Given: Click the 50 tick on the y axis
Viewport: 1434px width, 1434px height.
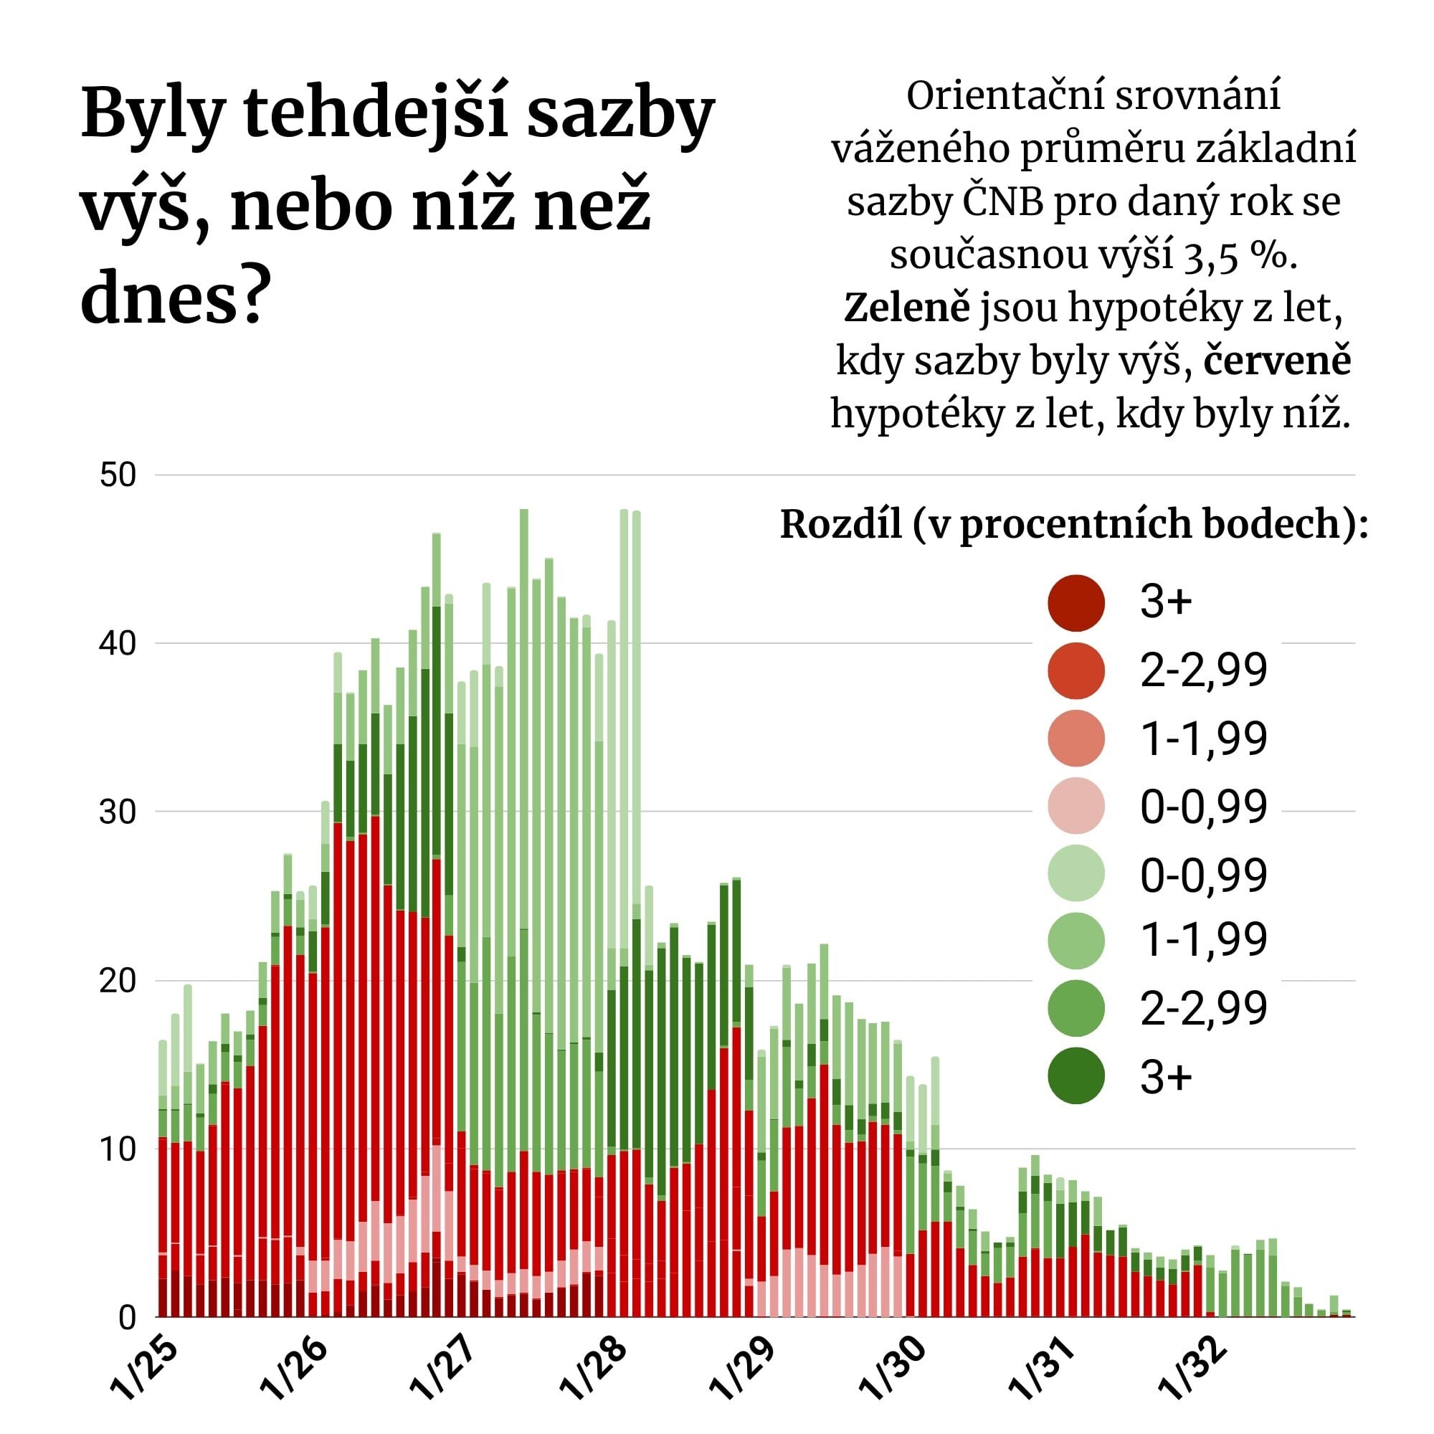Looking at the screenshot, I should (118, 475).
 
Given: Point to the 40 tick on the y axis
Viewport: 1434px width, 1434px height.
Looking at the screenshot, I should (118, 642).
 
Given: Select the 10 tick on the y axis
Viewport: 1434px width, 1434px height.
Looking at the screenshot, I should (118, 1149).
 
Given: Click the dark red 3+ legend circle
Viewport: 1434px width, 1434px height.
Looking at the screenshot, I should (1075, 603).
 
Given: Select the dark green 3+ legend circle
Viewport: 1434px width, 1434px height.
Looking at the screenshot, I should (1075, 1076).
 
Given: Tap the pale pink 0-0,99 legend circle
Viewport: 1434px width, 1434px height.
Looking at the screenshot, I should (1075, 806).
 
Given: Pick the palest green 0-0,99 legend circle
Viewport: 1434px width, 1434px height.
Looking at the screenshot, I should (1075, 873).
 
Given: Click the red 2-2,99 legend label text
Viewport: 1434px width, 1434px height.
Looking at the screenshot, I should (1202, 670).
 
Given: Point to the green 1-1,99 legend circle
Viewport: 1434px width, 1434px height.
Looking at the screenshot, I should (1075, 941).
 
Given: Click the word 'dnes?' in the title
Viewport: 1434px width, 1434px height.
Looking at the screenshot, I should (172, 297).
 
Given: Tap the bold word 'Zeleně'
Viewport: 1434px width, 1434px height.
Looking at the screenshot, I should (906, 308).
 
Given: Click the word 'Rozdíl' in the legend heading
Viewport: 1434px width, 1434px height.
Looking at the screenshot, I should (840, 525).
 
